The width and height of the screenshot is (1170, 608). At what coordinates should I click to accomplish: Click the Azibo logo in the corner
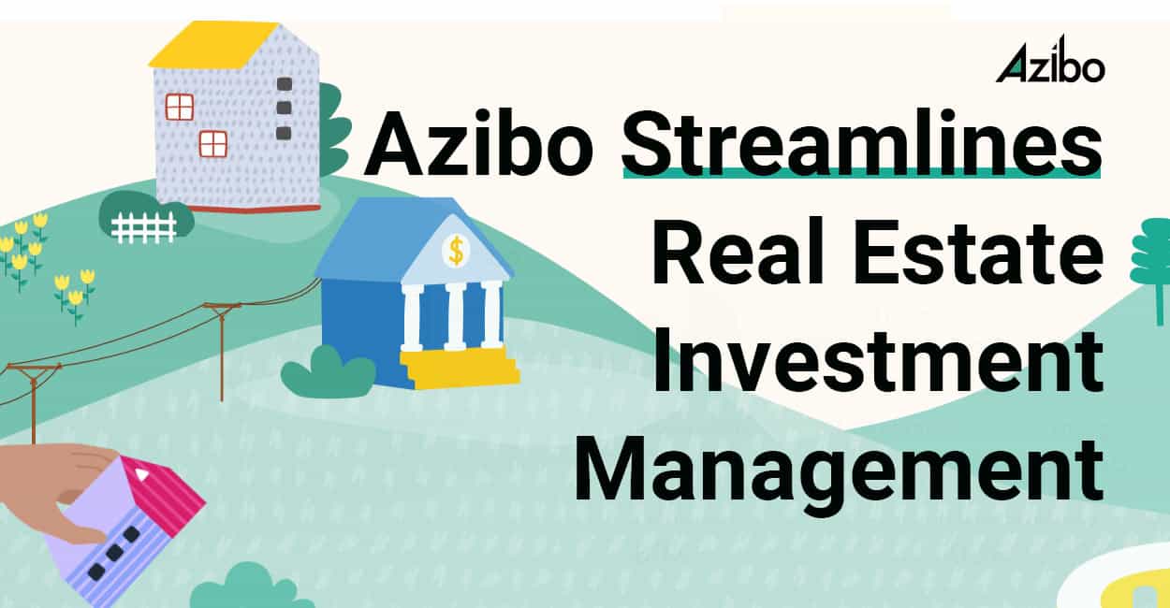pos(1049,65)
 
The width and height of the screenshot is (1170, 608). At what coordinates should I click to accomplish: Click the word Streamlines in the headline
pos(861,142)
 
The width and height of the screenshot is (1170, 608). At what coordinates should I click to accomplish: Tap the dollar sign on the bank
pos(457,250)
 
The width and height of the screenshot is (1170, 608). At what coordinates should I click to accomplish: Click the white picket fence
pos(143,226)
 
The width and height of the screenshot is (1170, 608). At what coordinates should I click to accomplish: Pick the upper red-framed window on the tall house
pos(180,107)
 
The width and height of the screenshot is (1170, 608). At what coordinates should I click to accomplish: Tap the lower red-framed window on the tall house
pos(213,143)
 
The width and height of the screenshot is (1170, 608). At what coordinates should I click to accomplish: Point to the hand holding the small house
pos(56,486)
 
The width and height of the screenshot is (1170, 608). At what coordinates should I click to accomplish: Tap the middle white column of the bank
pos(456,315)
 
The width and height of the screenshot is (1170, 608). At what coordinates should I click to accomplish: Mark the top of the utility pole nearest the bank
pos(222,306)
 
